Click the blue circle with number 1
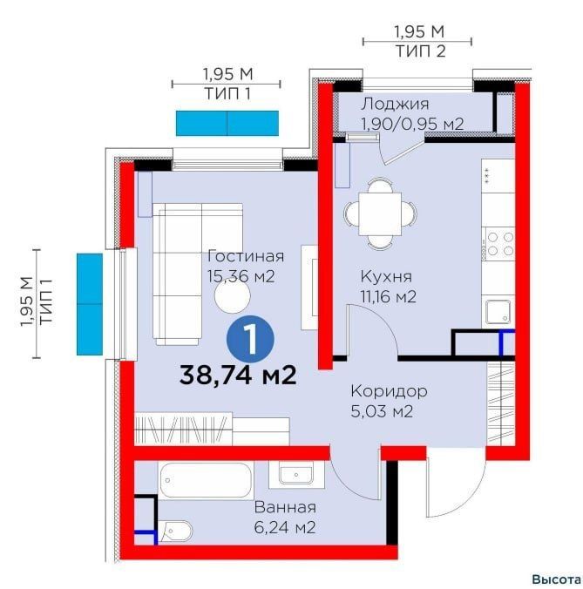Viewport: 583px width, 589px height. [250, 339]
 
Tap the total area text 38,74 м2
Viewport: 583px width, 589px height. [238, 376]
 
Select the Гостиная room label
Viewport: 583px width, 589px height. [246, 256]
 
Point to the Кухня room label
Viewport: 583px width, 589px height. [386, 277]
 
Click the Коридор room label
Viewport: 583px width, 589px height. [390, 391]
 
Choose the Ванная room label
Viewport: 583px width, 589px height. [285, 507]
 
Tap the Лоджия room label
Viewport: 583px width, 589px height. [395, 105]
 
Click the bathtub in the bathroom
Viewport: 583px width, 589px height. [205, 481]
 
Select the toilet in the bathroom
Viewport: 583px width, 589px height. [175, 531]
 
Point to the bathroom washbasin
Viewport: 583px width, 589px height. [296, 475]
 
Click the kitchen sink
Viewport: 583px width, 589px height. [498, 312]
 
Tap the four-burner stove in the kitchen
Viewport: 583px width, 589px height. [498, 243]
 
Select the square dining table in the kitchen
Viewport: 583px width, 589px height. [380, 213]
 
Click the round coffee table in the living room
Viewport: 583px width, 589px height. [232, 296]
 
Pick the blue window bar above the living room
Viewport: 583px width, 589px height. [227, 123]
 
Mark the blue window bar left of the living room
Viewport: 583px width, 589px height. [90, 304]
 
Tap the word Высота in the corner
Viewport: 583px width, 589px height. [556, 579]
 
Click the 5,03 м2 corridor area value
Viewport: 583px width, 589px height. [382, 412]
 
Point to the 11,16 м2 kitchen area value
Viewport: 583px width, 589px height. [389, 297]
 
